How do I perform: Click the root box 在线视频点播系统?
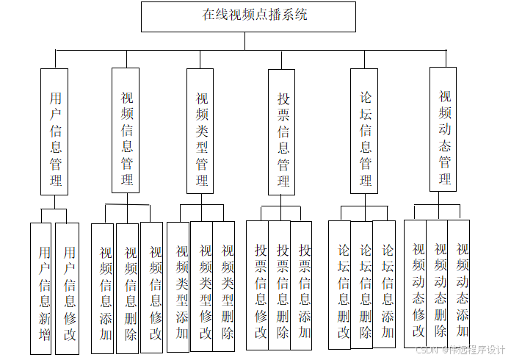point(248,16)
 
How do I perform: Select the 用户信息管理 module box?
point(54,132)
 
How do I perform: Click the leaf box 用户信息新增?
point(42,288)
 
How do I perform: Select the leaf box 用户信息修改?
point(68,288)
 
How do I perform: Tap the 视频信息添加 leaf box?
point(104,288)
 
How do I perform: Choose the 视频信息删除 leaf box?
point(128,288)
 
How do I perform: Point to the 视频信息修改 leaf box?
point(153,288)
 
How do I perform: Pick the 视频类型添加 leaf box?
point(179,287)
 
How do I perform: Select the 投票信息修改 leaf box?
point(258,285)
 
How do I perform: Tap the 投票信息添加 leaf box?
point(302,285)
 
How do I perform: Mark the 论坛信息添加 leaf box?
point(385,285)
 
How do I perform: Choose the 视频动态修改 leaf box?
point(416,283)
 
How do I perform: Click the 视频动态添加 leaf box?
point(460,283)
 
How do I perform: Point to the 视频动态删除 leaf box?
point(438,283)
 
